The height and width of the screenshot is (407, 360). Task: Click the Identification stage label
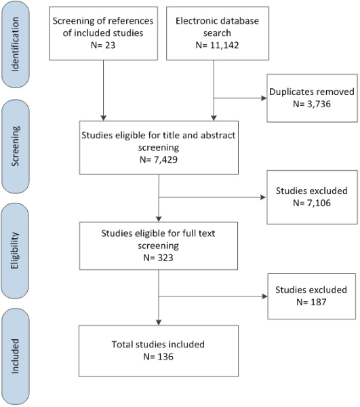tap(16, 44)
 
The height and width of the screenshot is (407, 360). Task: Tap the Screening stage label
tap(16, 146)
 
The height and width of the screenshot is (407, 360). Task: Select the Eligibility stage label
tap(15, 250)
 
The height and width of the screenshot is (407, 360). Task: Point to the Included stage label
tap(16, 356)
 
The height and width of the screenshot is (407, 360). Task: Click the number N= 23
tap(103, 45)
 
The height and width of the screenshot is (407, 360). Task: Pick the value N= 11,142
tap(217, 45)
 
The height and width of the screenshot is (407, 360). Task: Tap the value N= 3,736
tap(312, 104)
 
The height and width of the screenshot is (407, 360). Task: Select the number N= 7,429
tap(159, 159)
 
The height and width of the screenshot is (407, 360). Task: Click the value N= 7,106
tap(312, 203)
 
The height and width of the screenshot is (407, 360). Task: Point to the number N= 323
tap(158, 258)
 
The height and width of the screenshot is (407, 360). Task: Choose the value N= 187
tap(311, 302)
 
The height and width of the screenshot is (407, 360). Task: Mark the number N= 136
tap(158, 357)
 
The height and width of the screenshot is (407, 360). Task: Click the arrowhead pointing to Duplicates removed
tap(264, 98)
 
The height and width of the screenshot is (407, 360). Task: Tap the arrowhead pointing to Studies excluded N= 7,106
tap(263, 197)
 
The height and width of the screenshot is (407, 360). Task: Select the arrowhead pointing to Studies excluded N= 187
tap(265, 296)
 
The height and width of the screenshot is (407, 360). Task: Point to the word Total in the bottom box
tap(121, 345)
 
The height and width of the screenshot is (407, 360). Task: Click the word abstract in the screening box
tap(218, 135)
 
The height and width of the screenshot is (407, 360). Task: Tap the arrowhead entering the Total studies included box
tap(159, 322)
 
